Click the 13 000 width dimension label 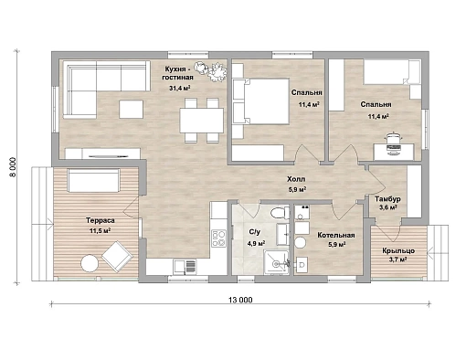[x=240, y=300]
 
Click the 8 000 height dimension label [x=12, y=167]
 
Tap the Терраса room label [x=101, y=220]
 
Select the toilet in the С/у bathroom [x=280, y=213]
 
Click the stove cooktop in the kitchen [x=218, y=238]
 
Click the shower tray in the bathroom [x=276, y=262]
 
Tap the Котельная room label [x=336, y=235]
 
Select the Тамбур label [x=387, y=199]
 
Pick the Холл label [x=296, y=179]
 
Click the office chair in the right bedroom [x=394, y=143]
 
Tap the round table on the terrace [x=90, y=263]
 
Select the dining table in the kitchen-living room [x=201, y=121]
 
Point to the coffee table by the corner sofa [x=131, y=109]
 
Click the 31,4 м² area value [x=180, y=89]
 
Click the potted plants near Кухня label [x=211, y=71]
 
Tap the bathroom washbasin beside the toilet [x=283, y=234]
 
